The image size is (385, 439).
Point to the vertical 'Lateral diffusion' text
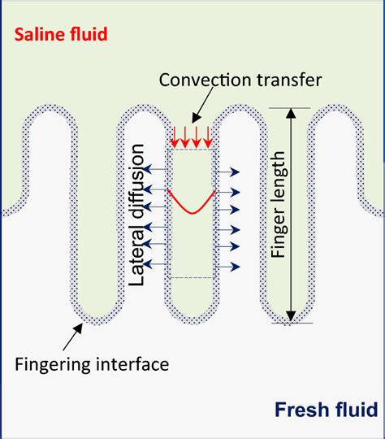click(x=138, y=215)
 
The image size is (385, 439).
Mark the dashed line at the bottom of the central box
click(x=191, y=278)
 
